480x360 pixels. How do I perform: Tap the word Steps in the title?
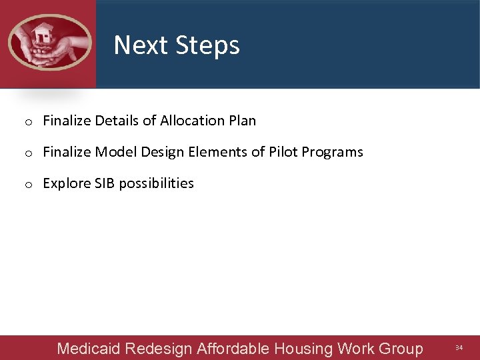[208, 45]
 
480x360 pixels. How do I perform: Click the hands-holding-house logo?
[49, 42]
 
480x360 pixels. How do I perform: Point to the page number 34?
[459, 348]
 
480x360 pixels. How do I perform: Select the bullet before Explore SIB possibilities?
[29, 184]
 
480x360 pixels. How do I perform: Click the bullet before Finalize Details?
[29, 121]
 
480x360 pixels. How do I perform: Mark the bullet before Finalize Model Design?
[29, 153]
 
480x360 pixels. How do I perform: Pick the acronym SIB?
[105, 183]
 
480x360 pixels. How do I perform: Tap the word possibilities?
[156, 183]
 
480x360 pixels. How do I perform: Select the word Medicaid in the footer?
[89, 349]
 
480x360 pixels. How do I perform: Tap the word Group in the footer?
[400, 349]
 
